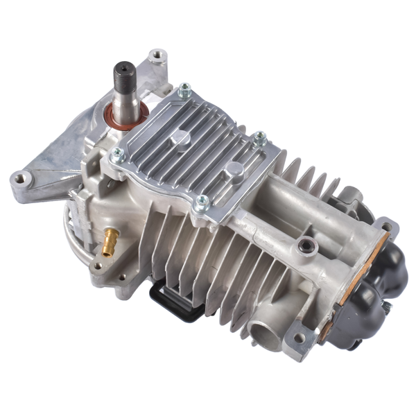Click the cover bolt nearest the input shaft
184,90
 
